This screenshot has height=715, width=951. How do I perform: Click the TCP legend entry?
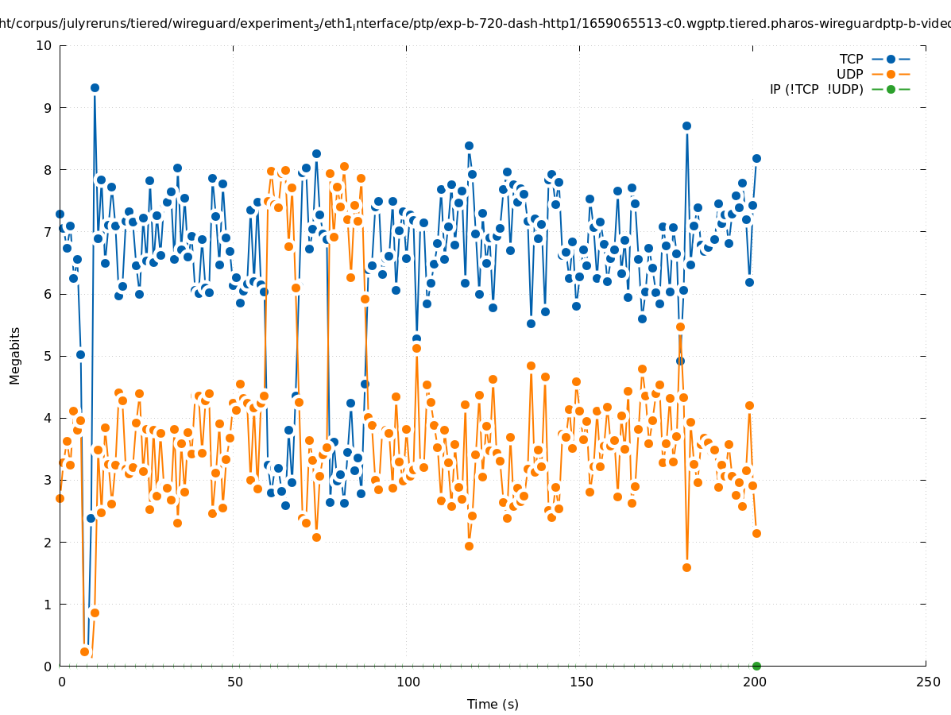(x=851, y=59)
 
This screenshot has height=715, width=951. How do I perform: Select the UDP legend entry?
(x=849, y=74)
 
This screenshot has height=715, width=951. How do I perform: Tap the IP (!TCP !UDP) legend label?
(x=816, y=89)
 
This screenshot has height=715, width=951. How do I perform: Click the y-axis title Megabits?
(x=15, y=355)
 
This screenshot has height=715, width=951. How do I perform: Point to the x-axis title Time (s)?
(x=493, y=704)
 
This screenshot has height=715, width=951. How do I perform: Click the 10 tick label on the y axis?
(x=44, y=45)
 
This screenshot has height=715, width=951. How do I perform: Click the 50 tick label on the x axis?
(x=234, y=682)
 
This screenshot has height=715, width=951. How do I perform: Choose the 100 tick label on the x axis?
(x=408, y=682)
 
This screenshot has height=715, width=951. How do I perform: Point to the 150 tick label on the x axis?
(x=581, y=682)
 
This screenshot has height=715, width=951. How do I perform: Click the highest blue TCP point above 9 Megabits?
(x=95, y=87)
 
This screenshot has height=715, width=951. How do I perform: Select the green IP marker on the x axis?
(x=756, y=666)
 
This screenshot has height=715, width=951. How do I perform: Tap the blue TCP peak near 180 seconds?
(x=686, y=126)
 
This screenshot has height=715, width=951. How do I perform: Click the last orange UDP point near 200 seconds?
(x=756, y=533)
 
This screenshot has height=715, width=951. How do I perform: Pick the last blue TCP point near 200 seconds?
(x=756, y=158)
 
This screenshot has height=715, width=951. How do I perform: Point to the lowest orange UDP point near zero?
(x=84, y=651)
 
